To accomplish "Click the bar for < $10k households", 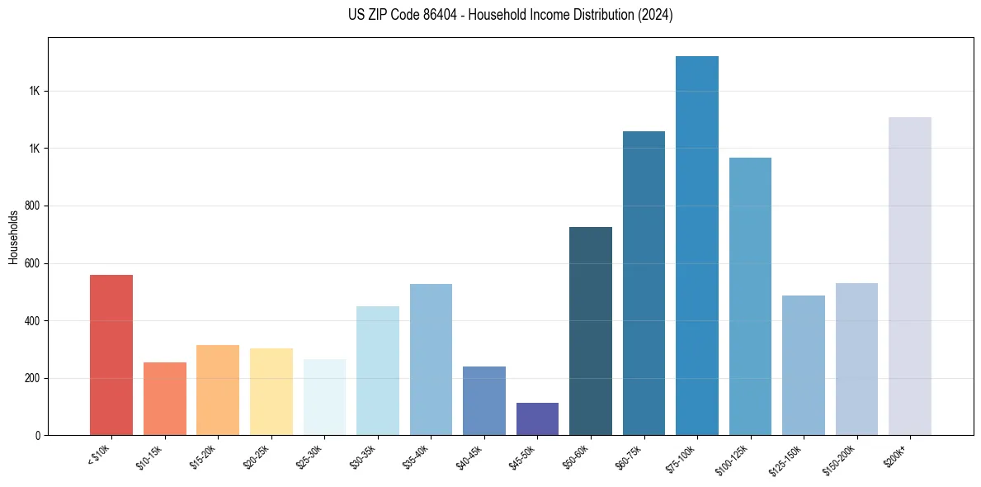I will tap(111, 355).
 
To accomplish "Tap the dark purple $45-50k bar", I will tap(537, 419).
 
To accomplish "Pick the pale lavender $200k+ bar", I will tap(910, 277).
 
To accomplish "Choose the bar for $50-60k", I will tap(591, 331).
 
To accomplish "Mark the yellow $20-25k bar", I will tap(271, 392).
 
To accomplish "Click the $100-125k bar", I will tap(750, 296).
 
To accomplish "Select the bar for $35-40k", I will tap(431, 360).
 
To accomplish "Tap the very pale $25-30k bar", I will tap(324, 397).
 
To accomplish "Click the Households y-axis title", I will tap(14, 237).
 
